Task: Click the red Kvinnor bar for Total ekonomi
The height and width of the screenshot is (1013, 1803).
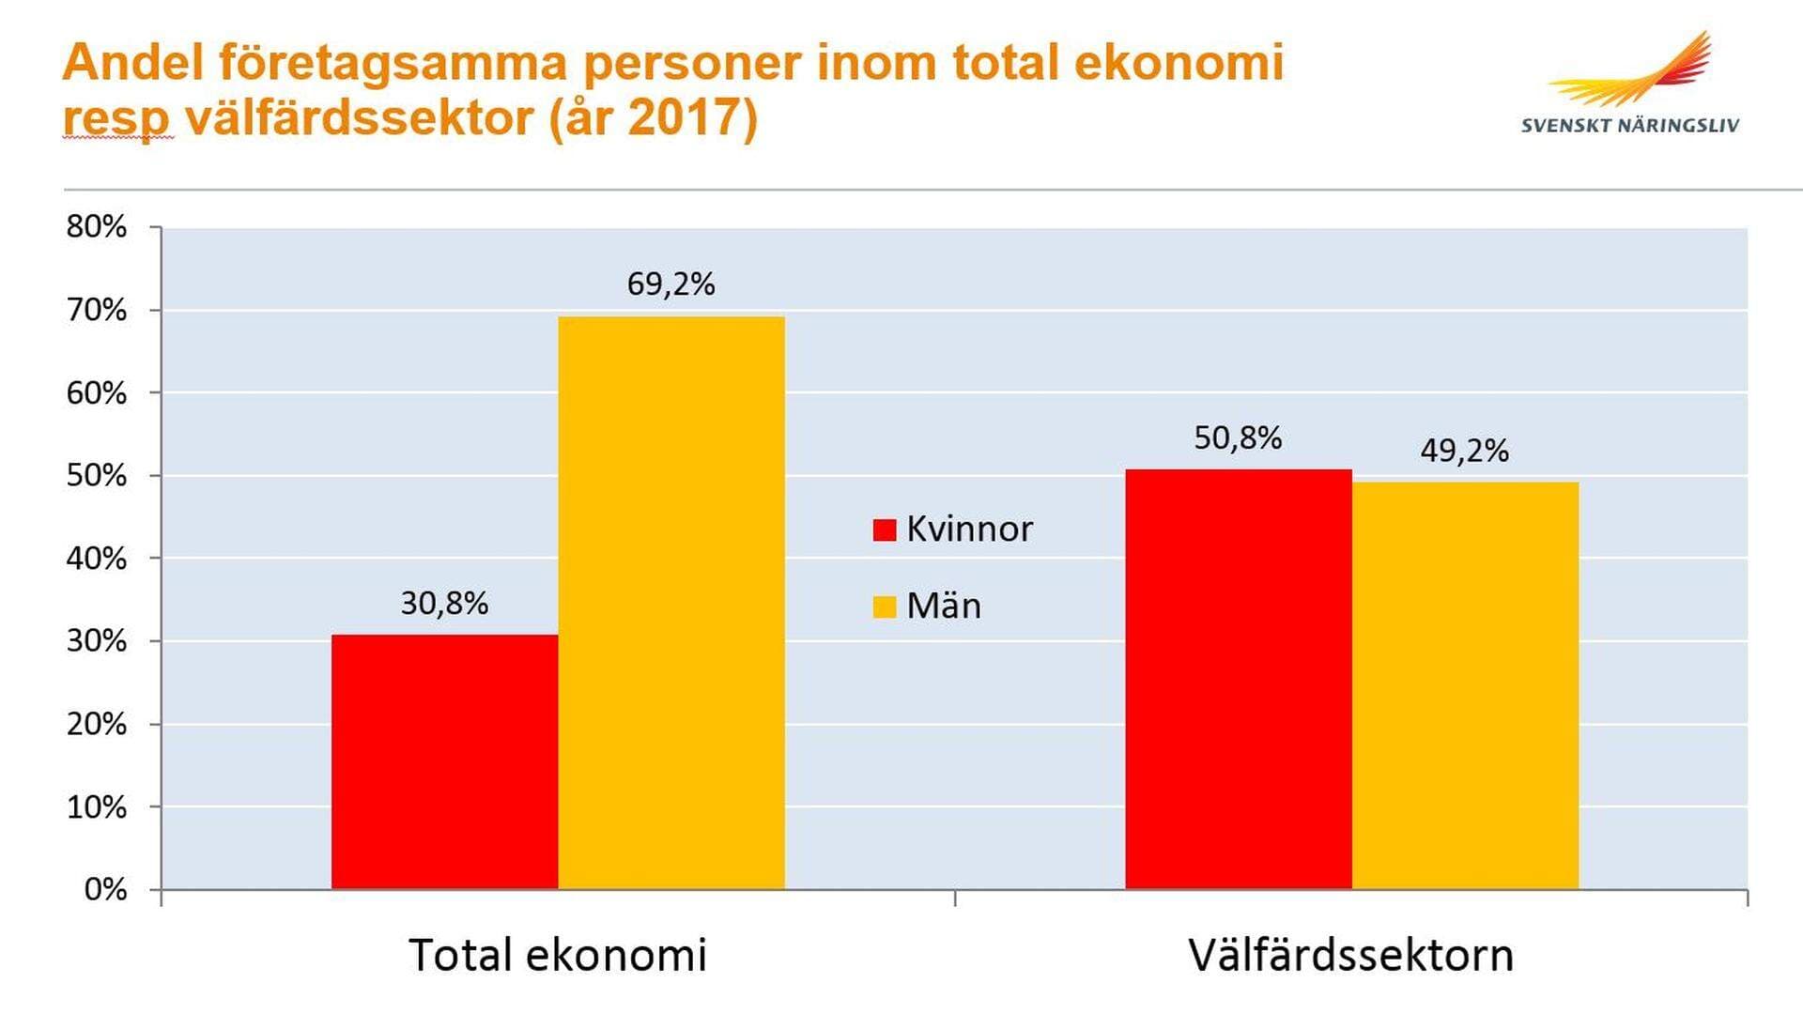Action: tap(444, 761)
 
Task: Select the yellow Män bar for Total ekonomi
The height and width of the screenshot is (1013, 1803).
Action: tap(671, 602)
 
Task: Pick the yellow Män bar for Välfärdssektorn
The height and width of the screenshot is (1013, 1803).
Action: tap(1465, 685)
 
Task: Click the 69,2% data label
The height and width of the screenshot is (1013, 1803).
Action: tap(670, 284)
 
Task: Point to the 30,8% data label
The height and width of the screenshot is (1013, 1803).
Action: tap(444, 603)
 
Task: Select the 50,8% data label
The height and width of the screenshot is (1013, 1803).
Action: tap(1238, 437)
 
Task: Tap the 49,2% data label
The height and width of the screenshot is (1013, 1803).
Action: tap(1464, 451)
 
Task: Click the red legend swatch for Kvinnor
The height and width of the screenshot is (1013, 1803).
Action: tap(885, 530)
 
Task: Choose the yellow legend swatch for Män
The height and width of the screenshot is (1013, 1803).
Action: tap(885, 606)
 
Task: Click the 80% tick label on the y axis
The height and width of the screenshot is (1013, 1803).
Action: tap(96, 226)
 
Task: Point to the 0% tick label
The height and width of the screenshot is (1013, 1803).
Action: tap(105, 889)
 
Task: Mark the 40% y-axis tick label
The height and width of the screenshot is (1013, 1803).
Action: tap(96, 559)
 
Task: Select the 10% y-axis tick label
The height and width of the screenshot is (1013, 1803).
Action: tap(96, 806)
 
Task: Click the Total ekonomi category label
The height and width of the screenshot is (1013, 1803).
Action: tap(557, 955)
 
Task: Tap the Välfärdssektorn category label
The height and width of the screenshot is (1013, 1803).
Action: tap(1350, 955)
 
